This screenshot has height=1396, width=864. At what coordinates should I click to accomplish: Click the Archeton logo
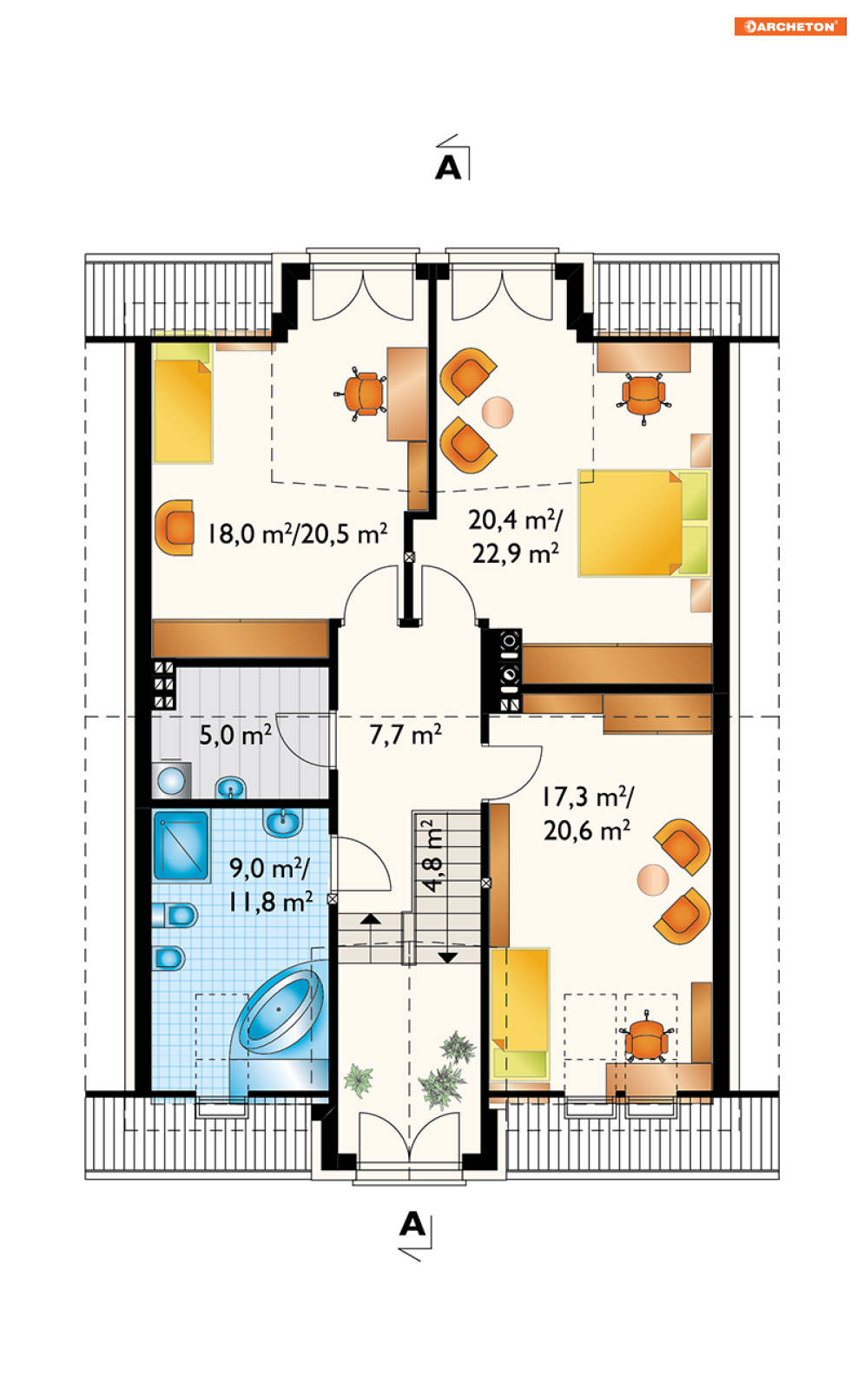pyautogui.click(x=789, y=26)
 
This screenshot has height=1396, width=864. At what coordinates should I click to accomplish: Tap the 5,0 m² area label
pyautogui.click(x=234, y=735)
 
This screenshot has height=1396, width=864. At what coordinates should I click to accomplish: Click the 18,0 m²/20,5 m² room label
pyautogui.click(x=297, y=534)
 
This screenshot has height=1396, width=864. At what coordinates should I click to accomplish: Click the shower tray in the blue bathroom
pyautogui.click(x=181, y=846)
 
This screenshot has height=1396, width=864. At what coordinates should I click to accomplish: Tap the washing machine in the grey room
pyautogui.click(x=171, y=779)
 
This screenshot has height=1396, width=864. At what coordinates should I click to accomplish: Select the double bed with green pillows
pyautogui.click(x=644, y=523)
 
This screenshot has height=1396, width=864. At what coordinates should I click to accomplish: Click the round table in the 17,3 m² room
pyautogui.click(x=653, y=880)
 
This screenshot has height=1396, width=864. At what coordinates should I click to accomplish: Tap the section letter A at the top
pyautogui.click(x=449, y=168)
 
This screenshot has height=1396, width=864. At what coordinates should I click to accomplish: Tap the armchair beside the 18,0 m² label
pyautogui.click(x=175, y=527)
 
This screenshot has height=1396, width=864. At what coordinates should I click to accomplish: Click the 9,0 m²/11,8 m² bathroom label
pyautogui.click(x=270, y=885)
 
